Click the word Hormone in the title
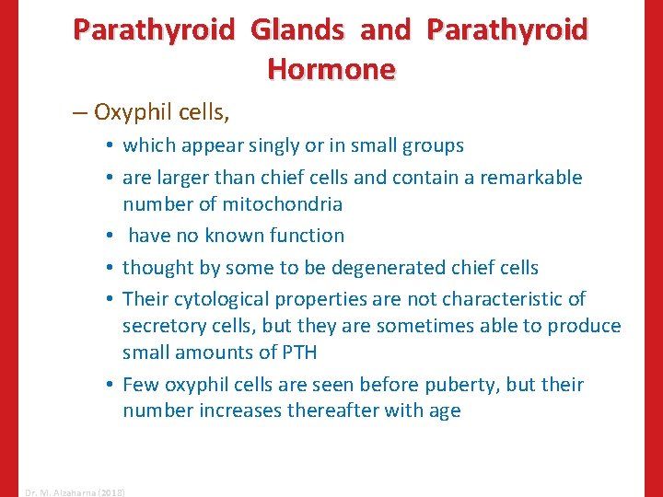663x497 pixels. [x=331, y=69]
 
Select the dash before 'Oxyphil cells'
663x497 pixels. [x=80, y=113]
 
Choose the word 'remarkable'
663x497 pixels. [x=533, y=177]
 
